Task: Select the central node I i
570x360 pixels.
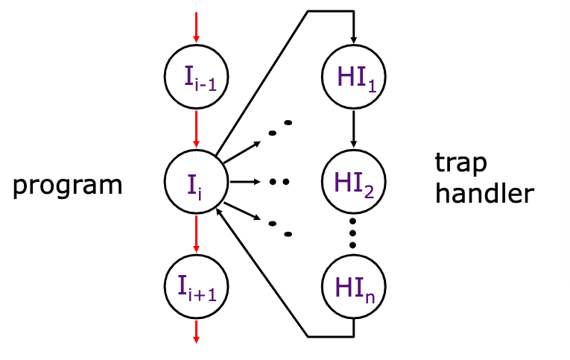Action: tap(196, 180)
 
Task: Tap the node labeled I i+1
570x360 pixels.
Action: tap(196, 285)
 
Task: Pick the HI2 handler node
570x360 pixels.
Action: tap(353, 180)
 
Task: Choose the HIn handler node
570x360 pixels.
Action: tap(353, 285)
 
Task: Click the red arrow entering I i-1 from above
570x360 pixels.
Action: tap(196, 27)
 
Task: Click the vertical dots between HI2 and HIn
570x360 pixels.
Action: tap(353, 233)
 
